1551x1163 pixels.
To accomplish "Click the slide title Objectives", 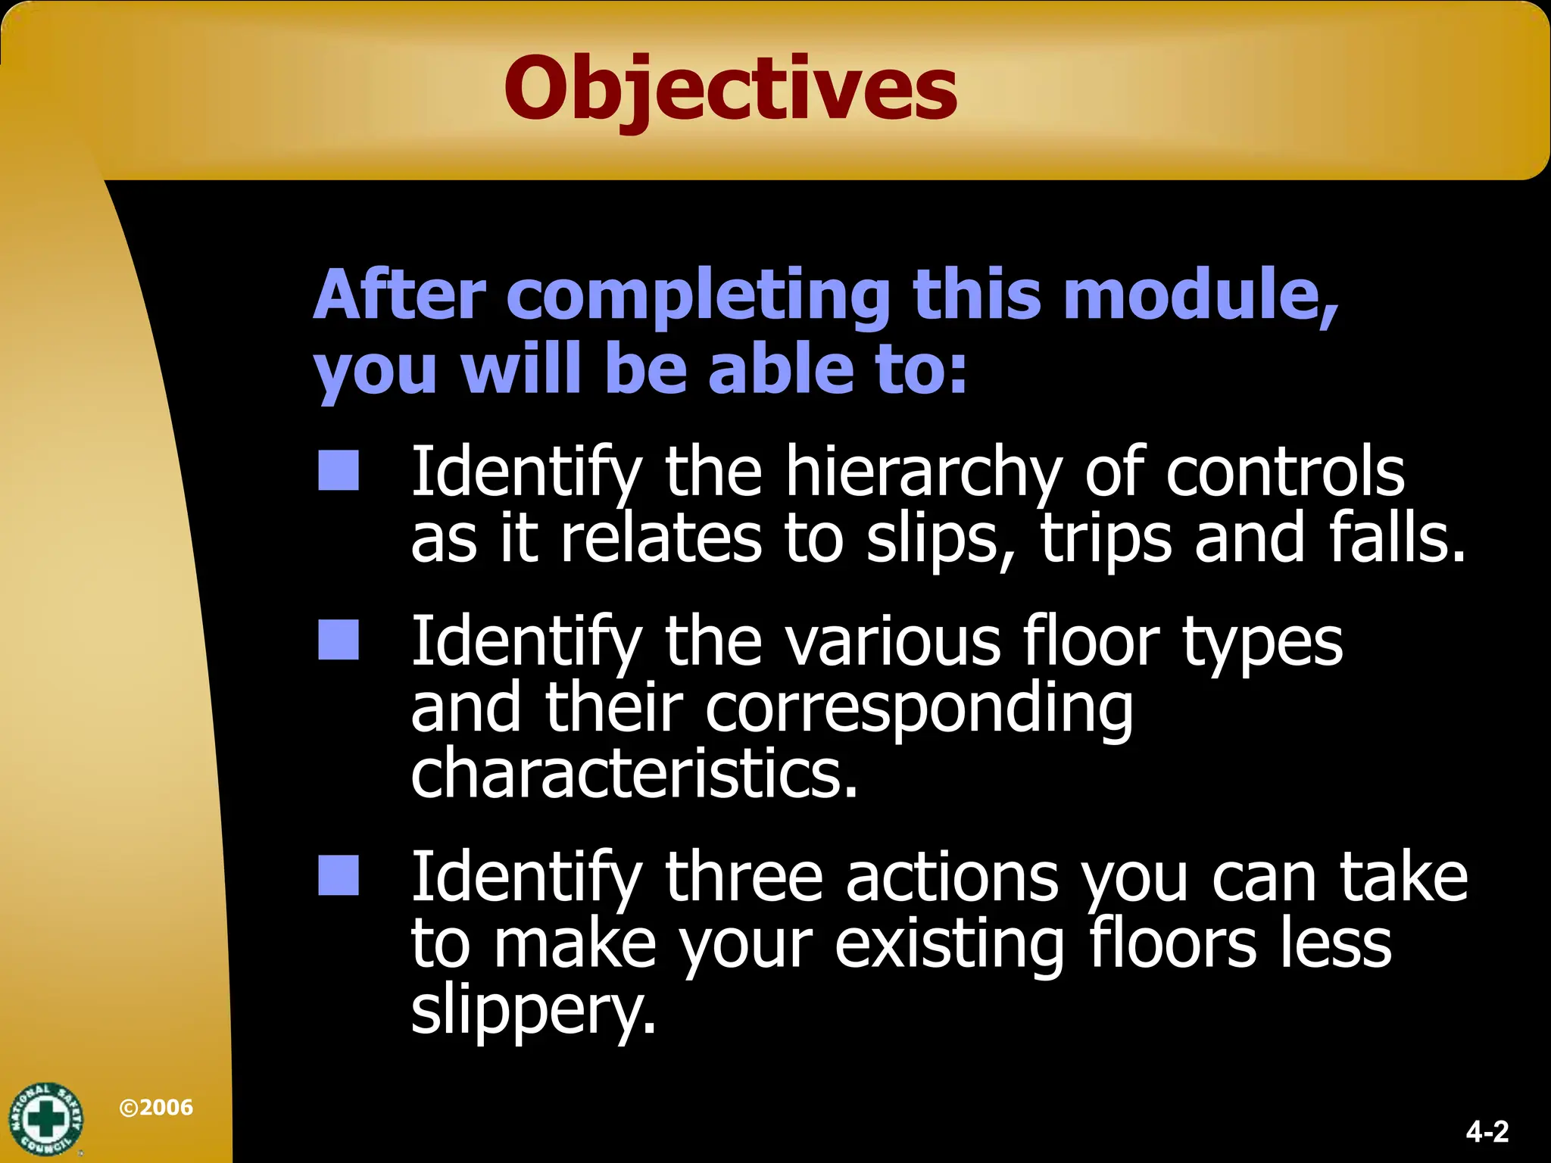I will pos(731,89).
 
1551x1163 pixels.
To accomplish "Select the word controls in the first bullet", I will pos(1284,473).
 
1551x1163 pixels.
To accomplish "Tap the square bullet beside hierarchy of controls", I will pos(339,471).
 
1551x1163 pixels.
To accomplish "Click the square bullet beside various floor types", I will pos(339,641).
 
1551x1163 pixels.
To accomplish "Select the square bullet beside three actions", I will pos(339,876).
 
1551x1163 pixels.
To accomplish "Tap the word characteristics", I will pos(634,775).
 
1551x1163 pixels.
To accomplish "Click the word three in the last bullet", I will pos(744,878).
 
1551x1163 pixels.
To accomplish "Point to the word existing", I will pos(950,946).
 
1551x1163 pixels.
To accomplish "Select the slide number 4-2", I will pos(1487,1132).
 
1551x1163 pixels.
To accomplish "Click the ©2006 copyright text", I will pos(156,1108).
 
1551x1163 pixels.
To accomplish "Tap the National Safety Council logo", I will pos(45,1119).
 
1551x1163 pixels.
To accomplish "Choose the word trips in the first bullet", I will pos(1106,540).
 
